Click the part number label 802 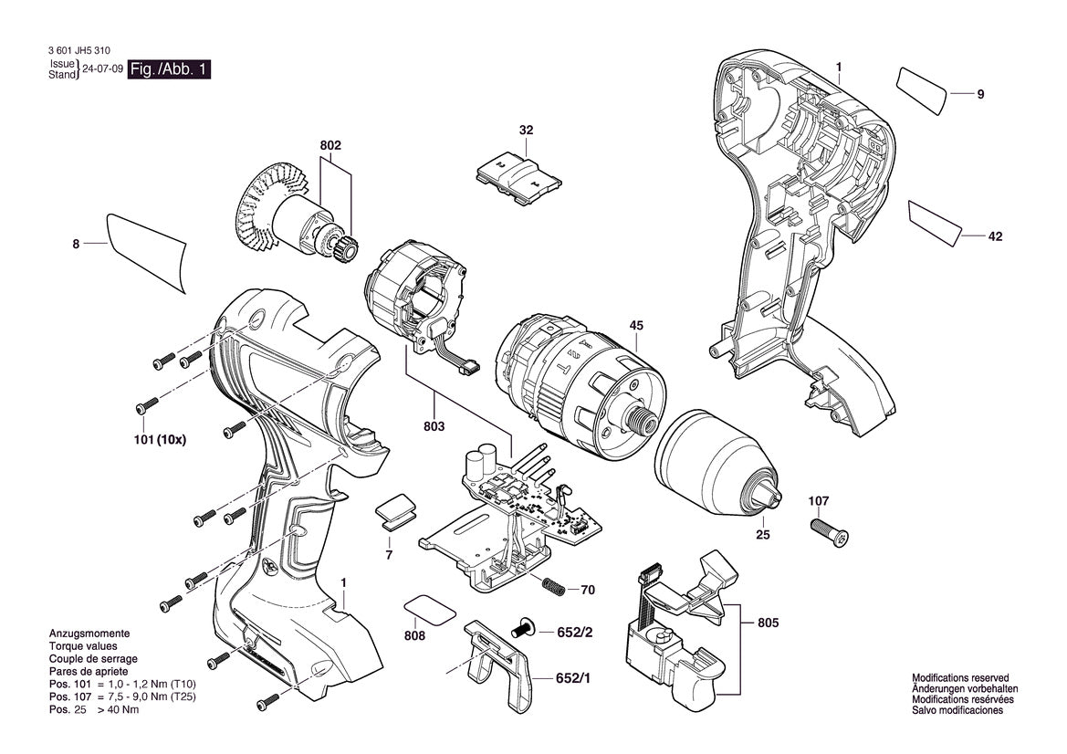pyautogui.click(x=330, y=146)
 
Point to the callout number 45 pyautogui.click(x=636, y=325)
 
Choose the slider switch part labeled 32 pyautogui.click(x=518, y=173)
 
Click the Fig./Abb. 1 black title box pyautogui.click(x=170, y=69)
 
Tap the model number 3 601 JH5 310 pyautogui.click(x=77, y=53)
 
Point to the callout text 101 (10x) pyautogui.click(x=161, y=439)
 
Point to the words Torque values pyautogui.click(x=80, y=645)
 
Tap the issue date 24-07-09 pyautogui.click(x=102, y=69)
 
